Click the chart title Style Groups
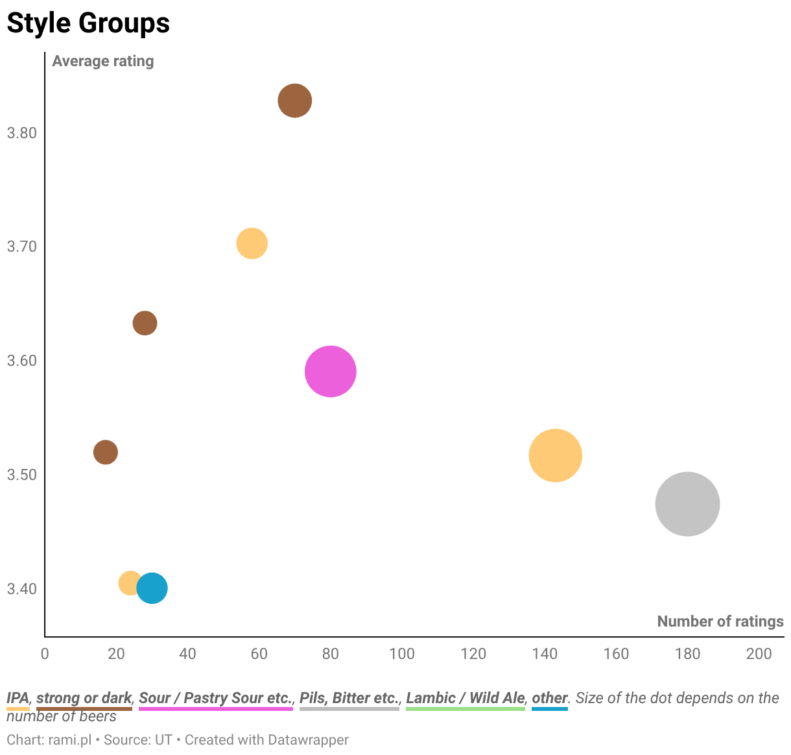click(88, 23)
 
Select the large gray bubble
click(687, 504)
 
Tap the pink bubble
click(330, 371)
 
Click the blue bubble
click(152, 588)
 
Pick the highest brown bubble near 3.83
click(294, 101)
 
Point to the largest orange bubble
click(555, 455)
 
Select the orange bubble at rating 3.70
click(252, 243)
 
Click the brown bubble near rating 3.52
click(106, 452)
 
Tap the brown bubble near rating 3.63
click(145, 323)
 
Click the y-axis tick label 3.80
click(22, 133)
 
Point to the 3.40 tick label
click(22, 589)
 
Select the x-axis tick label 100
click(401, 654)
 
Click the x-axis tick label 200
click(759, 654)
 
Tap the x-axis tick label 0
click(45, 654)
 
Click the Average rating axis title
click(103, 61)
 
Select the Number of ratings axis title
click(720, 621)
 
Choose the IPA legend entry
click(18, 697)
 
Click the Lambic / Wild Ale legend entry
click(466, 697)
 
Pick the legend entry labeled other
click(550, 697)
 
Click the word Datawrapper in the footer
click(308, 739)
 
